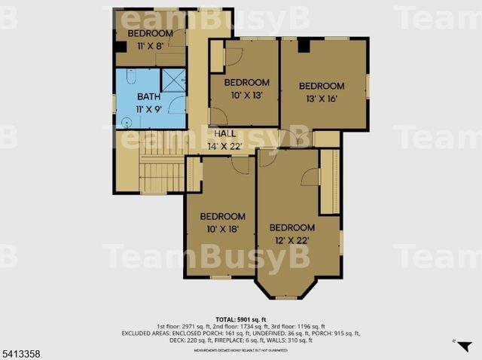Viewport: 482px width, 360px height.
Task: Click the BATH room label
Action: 148,97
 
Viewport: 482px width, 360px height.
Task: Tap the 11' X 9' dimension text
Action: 148,109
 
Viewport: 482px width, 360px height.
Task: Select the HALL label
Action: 225,134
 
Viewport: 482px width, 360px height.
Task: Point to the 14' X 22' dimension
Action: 225,146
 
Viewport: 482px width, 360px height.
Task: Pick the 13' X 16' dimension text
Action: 321,99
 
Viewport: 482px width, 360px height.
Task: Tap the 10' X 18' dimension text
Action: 223,228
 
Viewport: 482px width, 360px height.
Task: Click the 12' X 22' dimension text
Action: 292,240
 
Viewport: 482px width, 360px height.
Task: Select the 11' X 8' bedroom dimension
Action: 149,46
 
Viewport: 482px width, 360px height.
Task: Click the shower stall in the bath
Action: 173,79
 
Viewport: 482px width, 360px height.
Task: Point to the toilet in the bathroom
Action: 130,76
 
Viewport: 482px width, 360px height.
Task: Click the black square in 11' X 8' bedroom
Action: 120,47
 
